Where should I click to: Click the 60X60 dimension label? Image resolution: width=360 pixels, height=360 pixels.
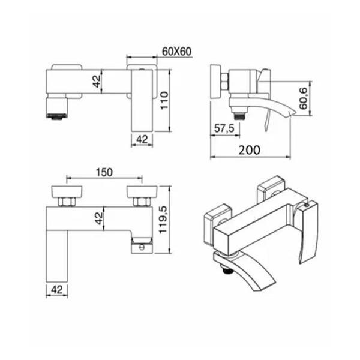176,51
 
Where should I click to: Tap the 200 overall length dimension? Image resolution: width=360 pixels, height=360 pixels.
250,150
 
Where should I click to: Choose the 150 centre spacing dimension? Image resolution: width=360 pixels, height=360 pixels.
104,172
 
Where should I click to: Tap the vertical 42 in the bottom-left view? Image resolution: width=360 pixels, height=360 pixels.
97,218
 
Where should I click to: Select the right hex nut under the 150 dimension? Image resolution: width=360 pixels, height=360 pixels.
142,199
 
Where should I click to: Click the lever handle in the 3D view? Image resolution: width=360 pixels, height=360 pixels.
308,231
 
